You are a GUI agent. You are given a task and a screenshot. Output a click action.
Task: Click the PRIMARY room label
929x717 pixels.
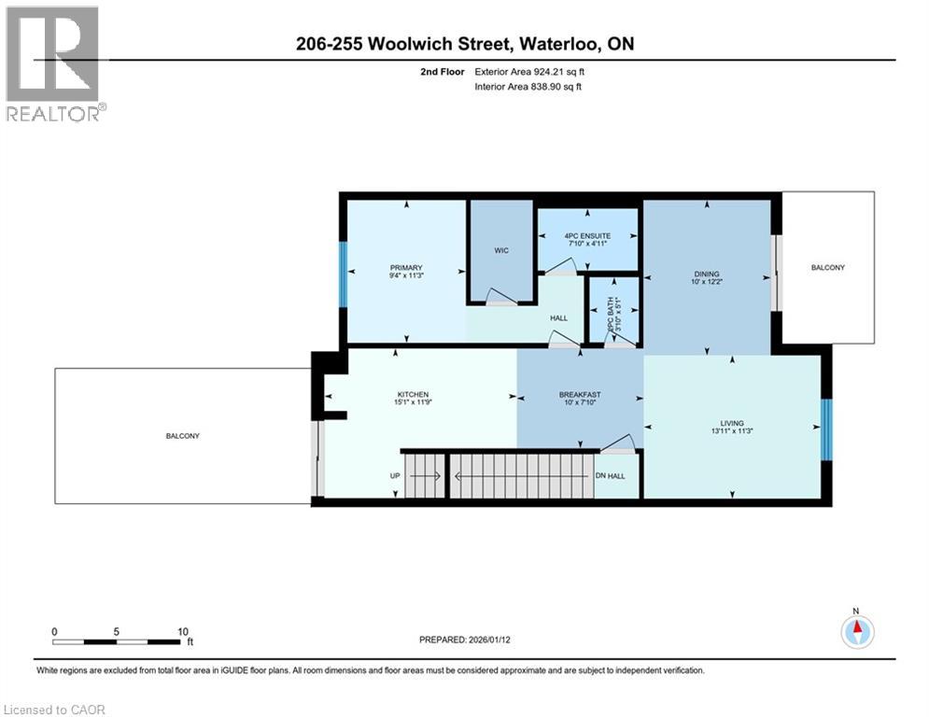[x=406, y=268]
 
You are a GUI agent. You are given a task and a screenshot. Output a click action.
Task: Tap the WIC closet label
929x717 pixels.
[x=500, y=250]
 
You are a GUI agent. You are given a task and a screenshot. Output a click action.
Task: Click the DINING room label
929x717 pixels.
[x=706, y=274]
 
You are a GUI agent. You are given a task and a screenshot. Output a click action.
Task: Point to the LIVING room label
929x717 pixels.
[x=731, y=423]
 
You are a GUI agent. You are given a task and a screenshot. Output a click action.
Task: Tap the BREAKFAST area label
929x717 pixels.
[x=579, y=395]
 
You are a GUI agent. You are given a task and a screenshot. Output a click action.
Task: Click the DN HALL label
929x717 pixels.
[x=610, y=476]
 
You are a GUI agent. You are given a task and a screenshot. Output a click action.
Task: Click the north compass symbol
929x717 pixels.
[x=856, y=632]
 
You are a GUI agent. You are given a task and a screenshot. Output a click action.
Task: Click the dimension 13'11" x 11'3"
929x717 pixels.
[x=731, y=432]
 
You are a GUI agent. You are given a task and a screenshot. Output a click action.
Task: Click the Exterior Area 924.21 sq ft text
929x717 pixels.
[x=528, y=71]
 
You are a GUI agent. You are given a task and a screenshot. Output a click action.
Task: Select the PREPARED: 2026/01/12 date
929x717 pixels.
[x=466, y=640]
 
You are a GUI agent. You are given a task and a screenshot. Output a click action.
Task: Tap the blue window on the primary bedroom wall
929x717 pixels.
[x=343, y=271]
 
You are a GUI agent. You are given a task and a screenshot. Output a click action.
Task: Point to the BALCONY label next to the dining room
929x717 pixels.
[x=827, y=268]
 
